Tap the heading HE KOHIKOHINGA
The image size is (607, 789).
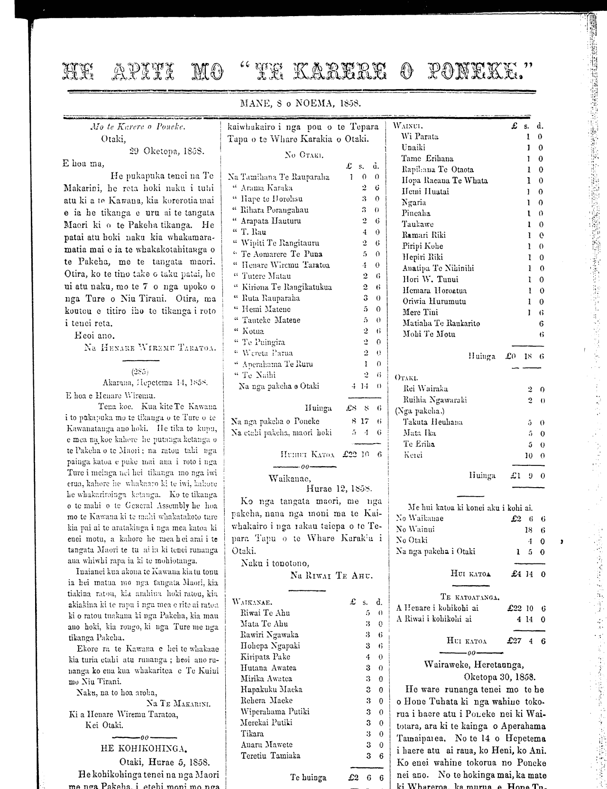pos(144,749)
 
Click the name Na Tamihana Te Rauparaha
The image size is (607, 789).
pos(278,177)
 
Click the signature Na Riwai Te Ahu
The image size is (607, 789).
pos(331,576)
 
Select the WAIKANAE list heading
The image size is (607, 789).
pos(252,602)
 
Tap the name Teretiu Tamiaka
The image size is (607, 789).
pos(270,755)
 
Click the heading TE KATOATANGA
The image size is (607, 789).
pos(469,597)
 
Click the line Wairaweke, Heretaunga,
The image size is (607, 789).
pos(474,664)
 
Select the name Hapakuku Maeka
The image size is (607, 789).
pos(271,689)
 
